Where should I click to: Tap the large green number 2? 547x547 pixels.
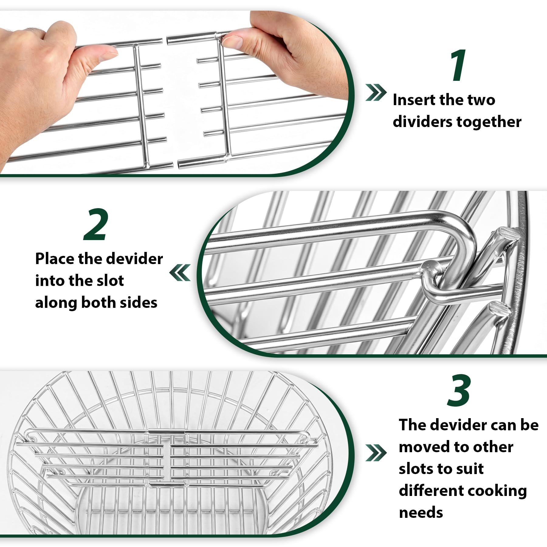[x=96, y=225]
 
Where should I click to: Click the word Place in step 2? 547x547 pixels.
[x=54, y=259]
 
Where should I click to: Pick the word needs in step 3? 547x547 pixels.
[x=421, y=513]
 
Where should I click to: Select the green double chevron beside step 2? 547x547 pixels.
[x=180, y=272]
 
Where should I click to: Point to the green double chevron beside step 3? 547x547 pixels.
[x=376, y=453]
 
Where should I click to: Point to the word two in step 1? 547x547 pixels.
[x=481, y=100]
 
